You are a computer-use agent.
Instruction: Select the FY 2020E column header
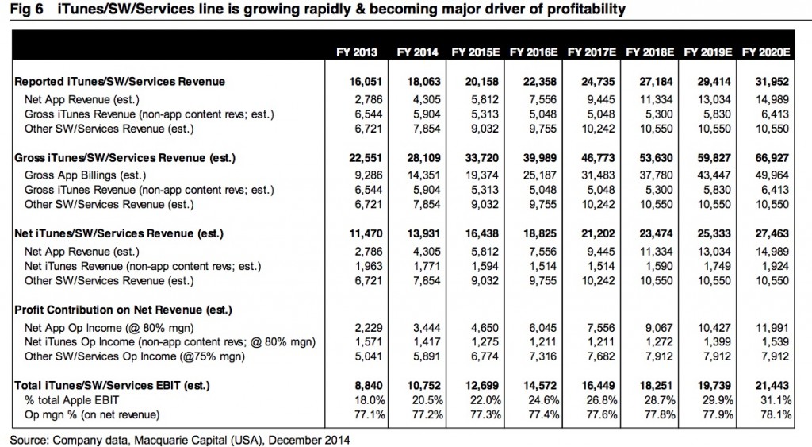tap(766, 52)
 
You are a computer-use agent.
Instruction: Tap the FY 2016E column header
tap(535, 52)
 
